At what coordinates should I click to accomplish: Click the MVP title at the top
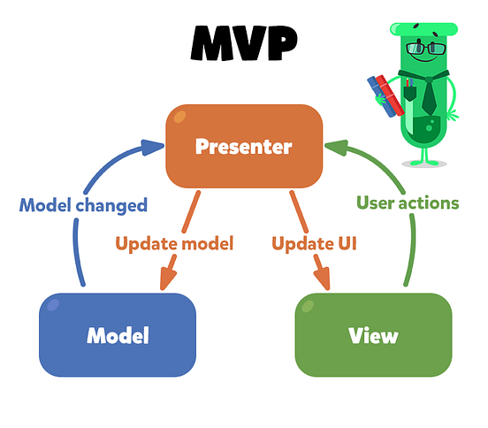[243, 42]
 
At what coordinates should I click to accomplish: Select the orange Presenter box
[243, 145]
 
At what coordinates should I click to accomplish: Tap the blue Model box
[118, 335]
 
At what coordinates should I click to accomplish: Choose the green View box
[372, 335]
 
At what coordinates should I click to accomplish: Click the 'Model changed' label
[82, 205]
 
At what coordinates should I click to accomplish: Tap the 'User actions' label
[408, 203]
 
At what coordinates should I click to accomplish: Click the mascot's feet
[430, 162]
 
